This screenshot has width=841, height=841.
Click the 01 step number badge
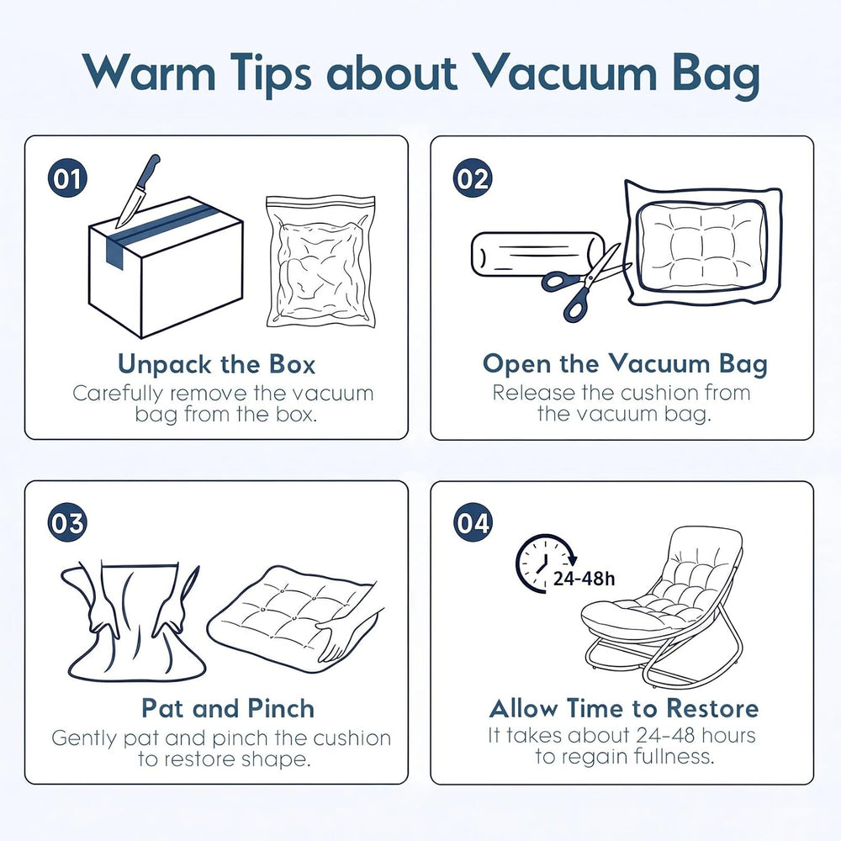coord(67,178)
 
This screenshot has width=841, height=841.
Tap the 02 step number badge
coord(473,178)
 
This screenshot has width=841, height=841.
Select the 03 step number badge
coord(67,522)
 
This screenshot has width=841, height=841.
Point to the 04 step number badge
coord(473,522)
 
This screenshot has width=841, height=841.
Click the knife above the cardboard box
coord(137,192)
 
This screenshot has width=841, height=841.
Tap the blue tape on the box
coord(156,230)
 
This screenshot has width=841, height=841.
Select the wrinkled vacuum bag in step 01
coord(320,262)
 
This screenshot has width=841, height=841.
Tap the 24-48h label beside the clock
coord(584,579)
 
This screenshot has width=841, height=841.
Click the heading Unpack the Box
coord(216,364)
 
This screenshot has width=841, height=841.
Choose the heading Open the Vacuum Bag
coord(625,364)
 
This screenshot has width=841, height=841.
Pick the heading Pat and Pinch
coord(228,708)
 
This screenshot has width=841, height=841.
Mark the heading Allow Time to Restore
coord(624,708)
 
